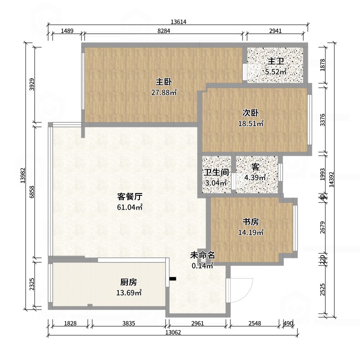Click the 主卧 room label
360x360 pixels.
(x=164, y=82)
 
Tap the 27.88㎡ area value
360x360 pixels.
(x=164, y=93)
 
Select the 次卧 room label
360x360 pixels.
(x=251, y=113)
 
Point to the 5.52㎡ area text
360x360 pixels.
(x=276, y=72)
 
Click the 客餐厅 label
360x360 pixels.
(x=130, y=197)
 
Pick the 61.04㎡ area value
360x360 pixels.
(x=130, y=207)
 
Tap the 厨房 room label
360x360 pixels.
(x=129, y=282)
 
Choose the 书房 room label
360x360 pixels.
(x=251, y=222)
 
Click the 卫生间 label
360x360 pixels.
(x=216, y=172)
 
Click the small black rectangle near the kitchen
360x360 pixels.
(x=173, y=279)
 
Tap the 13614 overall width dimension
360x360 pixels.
(x=179, y=22)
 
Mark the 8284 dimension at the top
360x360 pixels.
(x=164, y=31)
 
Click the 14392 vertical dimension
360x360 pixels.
(x=332, y=179)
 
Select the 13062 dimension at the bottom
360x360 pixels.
(x=173, y=332)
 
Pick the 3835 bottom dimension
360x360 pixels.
(x=129, y=324)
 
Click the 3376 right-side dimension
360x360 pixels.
(x=322, y=120)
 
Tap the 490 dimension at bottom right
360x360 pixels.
(x=288, y=324)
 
